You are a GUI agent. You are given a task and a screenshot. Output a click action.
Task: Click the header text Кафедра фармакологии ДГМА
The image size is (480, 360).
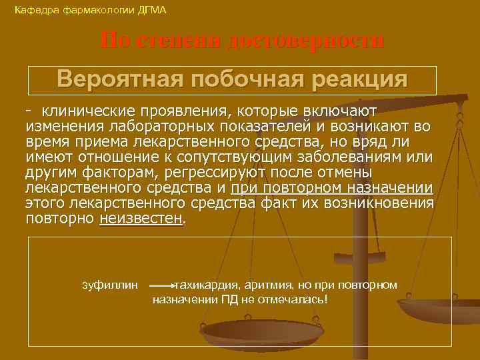(x=91, y=10)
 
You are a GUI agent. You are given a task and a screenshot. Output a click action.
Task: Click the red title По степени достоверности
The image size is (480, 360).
(x=242, y=41)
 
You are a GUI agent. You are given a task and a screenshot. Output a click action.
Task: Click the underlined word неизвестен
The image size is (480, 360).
(x=141, y=219)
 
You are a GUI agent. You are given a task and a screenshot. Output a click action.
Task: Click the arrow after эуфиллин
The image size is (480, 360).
(x=162, y=285)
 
